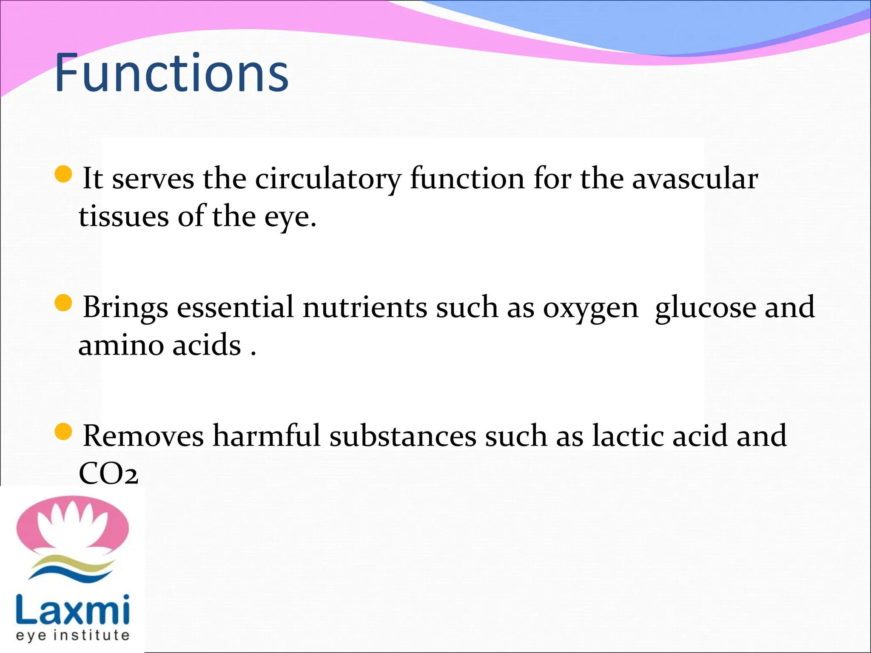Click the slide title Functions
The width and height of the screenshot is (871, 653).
point(172,73)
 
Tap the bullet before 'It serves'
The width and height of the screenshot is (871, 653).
point(64,174)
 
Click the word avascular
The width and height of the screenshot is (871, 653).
point(695,179)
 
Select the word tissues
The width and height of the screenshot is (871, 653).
point(124,217)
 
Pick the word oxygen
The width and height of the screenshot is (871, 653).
point(590,309)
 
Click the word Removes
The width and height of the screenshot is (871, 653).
point(143,436)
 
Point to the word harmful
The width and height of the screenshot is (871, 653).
point(266,435)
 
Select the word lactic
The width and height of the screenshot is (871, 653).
point(628,435)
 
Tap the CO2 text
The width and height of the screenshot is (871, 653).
point(108,474)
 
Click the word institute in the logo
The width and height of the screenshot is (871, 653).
point(94,635)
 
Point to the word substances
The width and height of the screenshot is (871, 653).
point(402,436)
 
